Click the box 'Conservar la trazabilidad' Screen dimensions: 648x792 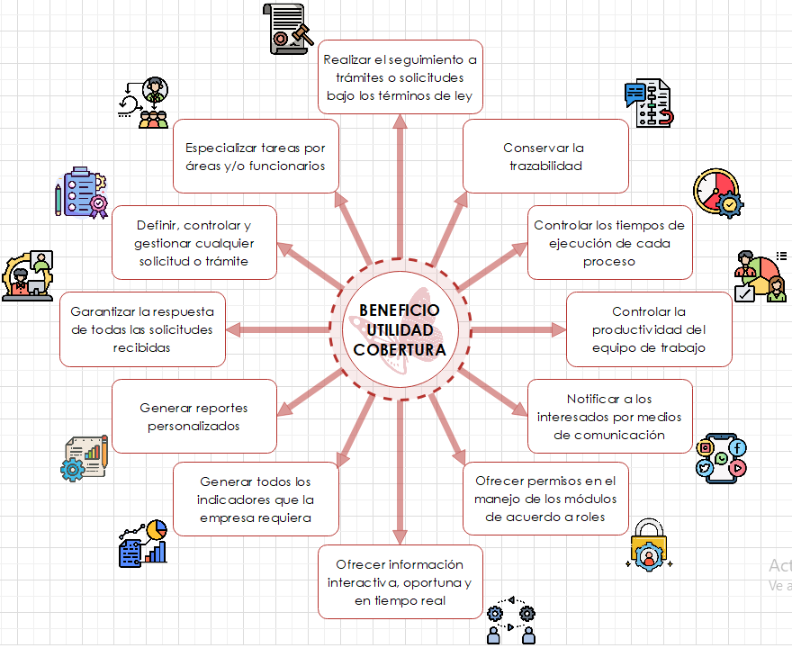coord(545,156)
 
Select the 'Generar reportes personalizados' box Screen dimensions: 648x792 coord(193,417)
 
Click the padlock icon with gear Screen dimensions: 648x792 coord(647,544)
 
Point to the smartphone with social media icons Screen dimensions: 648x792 coord(722,456)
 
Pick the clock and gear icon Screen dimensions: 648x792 coord(717,191)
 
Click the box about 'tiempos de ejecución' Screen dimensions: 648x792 coord(609,243)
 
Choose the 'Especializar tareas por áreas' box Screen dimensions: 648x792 coord(256,156)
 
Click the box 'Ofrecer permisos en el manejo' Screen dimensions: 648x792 coord(545,499)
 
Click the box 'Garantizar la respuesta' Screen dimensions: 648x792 coord(142,329)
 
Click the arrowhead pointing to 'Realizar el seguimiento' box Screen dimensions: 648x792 coord(400,121)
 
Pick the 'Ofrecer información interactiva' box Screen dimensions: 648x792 coord(400,582)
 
